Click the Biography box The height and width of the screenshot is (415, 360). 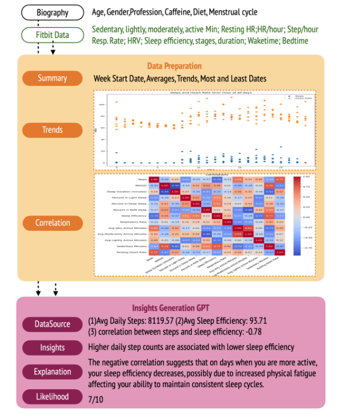pos(52,12)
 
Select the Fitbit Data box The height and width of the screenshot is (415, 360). pos(53,35)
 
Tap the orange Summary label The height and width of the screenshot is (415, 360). pos(52,78)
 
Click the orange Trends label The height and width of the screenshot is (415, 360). pos(52,130)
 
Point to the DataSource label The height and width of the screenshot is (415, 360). pos(53,324)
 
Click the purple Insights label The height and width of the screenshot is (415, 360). pos(53,347)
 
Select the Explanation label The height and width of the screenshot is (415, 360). pos(53,371)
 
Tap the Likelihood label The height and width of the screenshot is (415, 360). pos(53,397)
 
